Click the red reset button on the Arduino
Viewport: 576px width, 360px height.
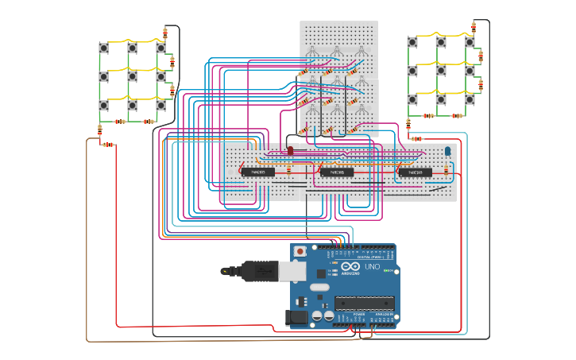pyautogui.click(x=300, y=251)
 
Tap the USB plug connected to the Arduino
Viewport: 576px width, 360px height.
pyautogui.click(x=262, y=271)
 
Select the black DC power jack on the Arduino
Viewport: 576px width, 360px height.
pyautogui.click(x=296, y=318)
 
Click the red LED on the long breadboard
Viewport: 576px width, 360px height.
pyautogui.click(x=290, y=150)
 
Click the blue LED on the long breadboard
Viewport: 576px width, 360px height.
pyautogui.click(x=447, y=150)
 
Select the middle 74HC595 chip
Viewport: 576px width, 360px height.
pyautogui.click(x=336, y=172)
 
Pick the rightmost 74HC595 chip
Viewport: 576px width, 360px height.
pyautogui.click(x=415, y=172)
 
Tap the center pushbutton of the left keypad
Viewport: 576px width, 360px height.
pyautogui.click(x=132, y=76)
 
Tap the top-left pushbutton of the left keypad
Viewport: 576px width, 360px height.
pyautogui.click(x=103, y=48)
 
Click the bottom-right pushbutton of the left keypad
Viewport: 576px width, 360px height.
pyautogui.click(x=160, y=105)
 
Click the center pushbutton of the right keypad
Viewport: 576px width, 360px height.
pyautogui.click(x=440, y=71)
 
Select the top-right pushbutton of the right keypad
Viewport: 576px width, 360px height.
pyautogui.click(x=470, y=42)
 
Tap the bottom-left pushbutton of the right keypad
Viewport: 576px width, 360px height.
pyautogui.click(x=412, y=99)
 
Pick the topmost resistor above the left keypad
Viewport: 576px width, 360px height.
pyautogui.click(x=165, y=33)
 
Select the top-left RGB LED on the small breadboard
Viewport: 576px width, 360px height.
pyautogui.click(x=312, y=52)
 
